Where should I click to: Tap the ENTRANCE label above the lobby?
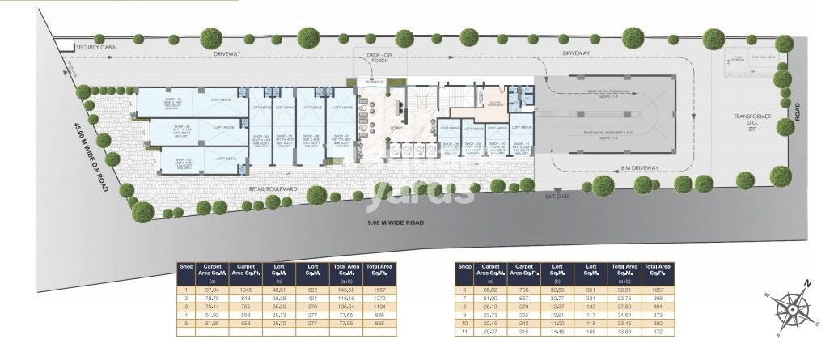click(x=374, y=82)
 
